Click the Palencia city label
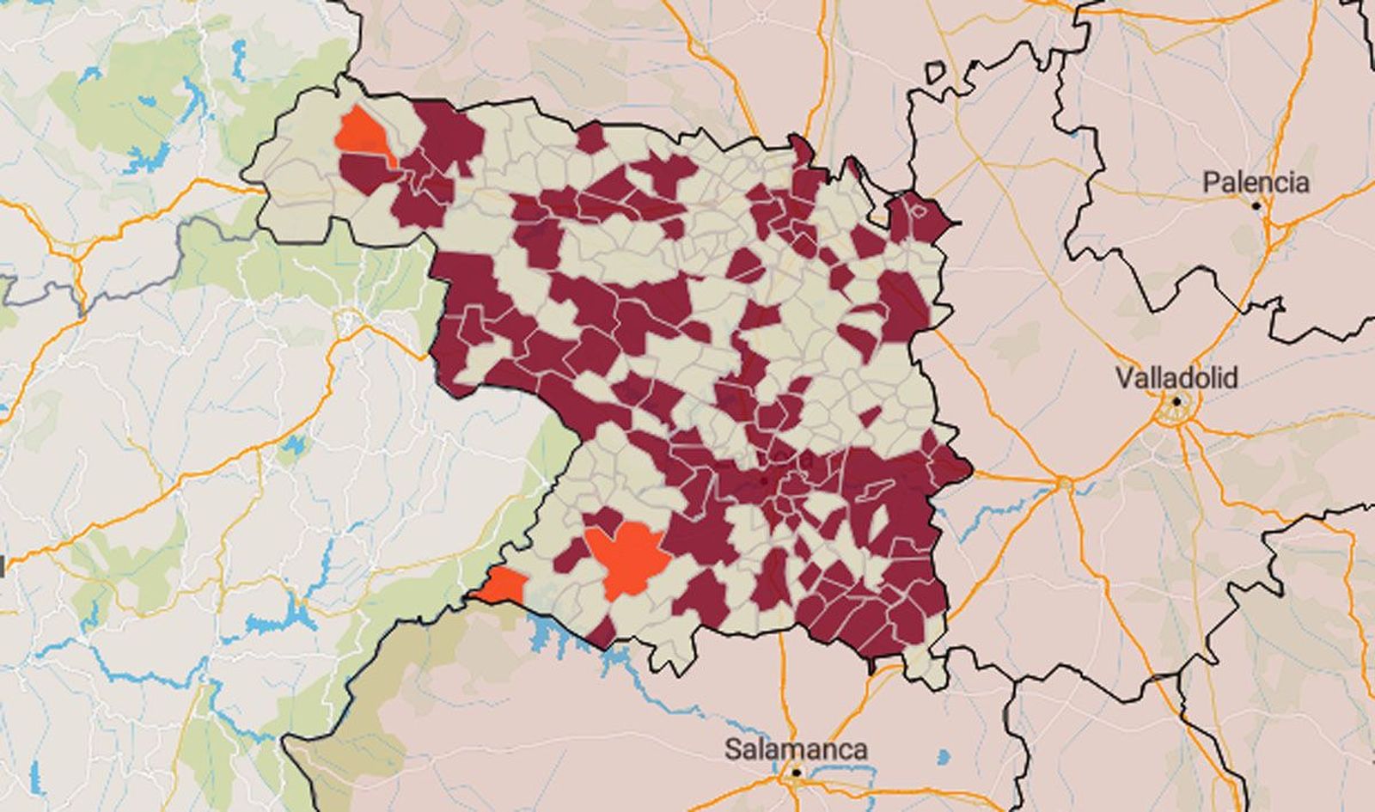click(x=1256, y=182)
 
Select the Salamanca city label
click(x=796, y=748)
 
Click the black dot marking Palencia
click(x=1256, y=206)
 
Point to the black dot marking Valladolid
click(x=1176, y=400)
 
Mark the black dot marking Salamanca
click(x=797, y=773)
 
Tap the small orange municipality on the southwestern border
click(x=504, y=586)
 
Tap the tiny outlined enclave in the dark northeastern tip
click(x=919, y=209)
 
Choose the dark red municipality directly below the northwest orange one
click(x=368, y=172)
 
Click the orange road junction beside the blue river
click(x=1065, y=484)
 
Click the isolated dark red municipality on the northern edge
click(x=590, y=137)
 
